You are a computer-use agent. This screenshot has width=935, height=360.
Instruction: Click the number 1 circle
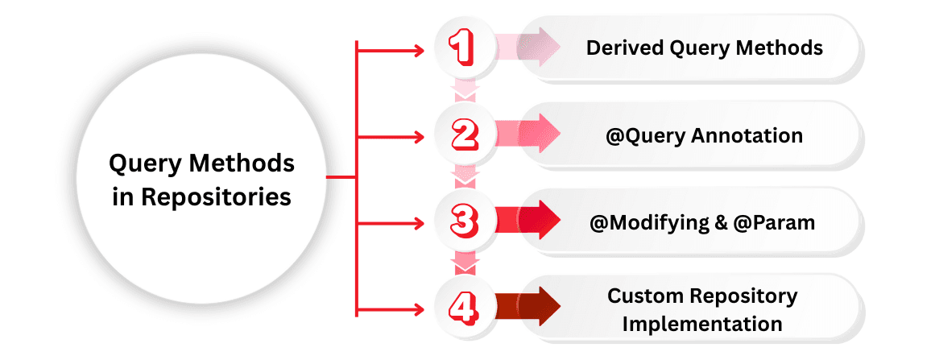[x=465, y=48]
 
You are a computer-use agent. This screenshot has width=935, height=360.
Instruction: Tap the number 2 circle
[x=465, y=135]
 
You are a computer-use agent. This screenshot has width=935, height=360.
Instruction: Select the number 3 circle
[x=465, y=221]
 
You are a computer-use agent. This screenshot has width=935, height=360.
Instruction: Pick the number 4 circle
[x=465, y=308]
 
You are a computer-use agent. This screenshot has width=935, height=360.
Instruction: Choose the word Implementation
[x=702, y=324]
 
